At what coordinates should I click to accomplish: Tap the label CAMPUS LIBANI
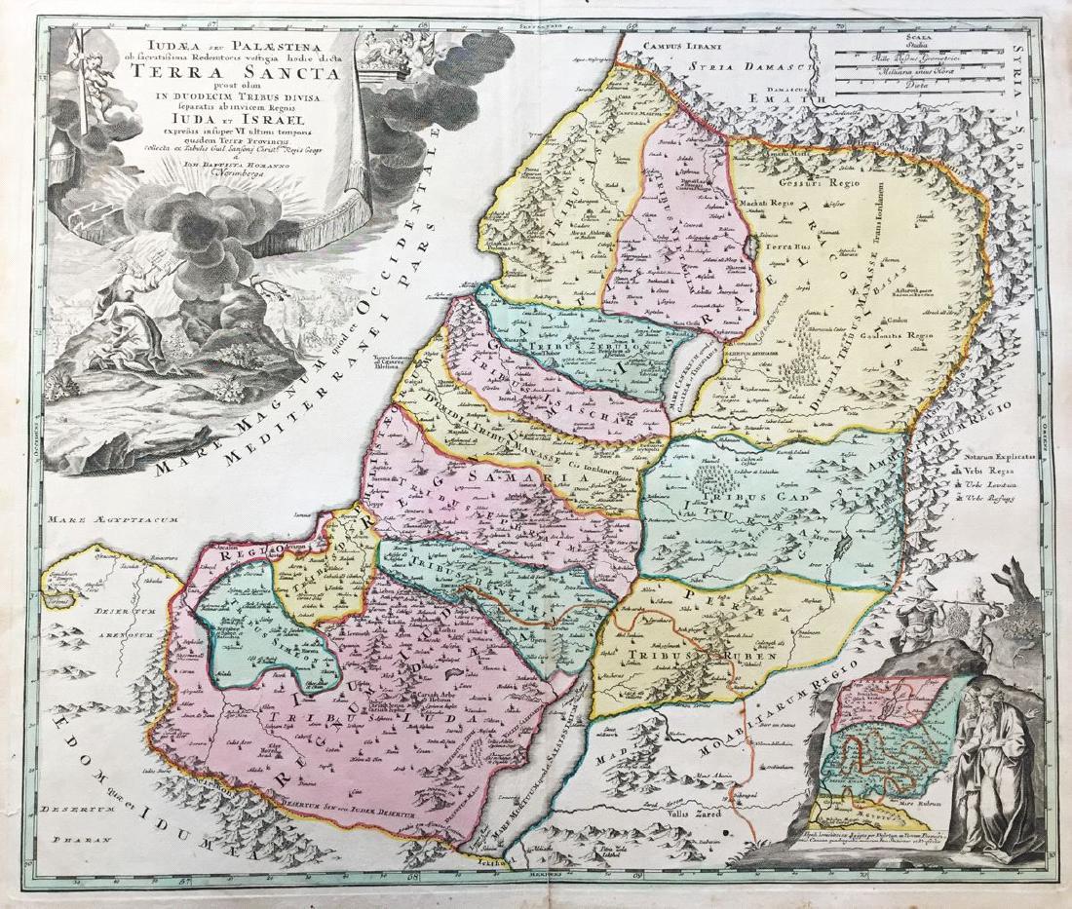pos(677,47)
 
